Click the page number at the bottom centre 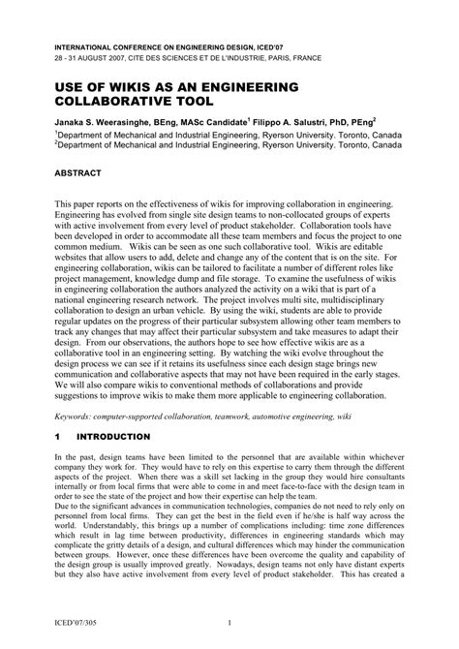click(x=228, y=622)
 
